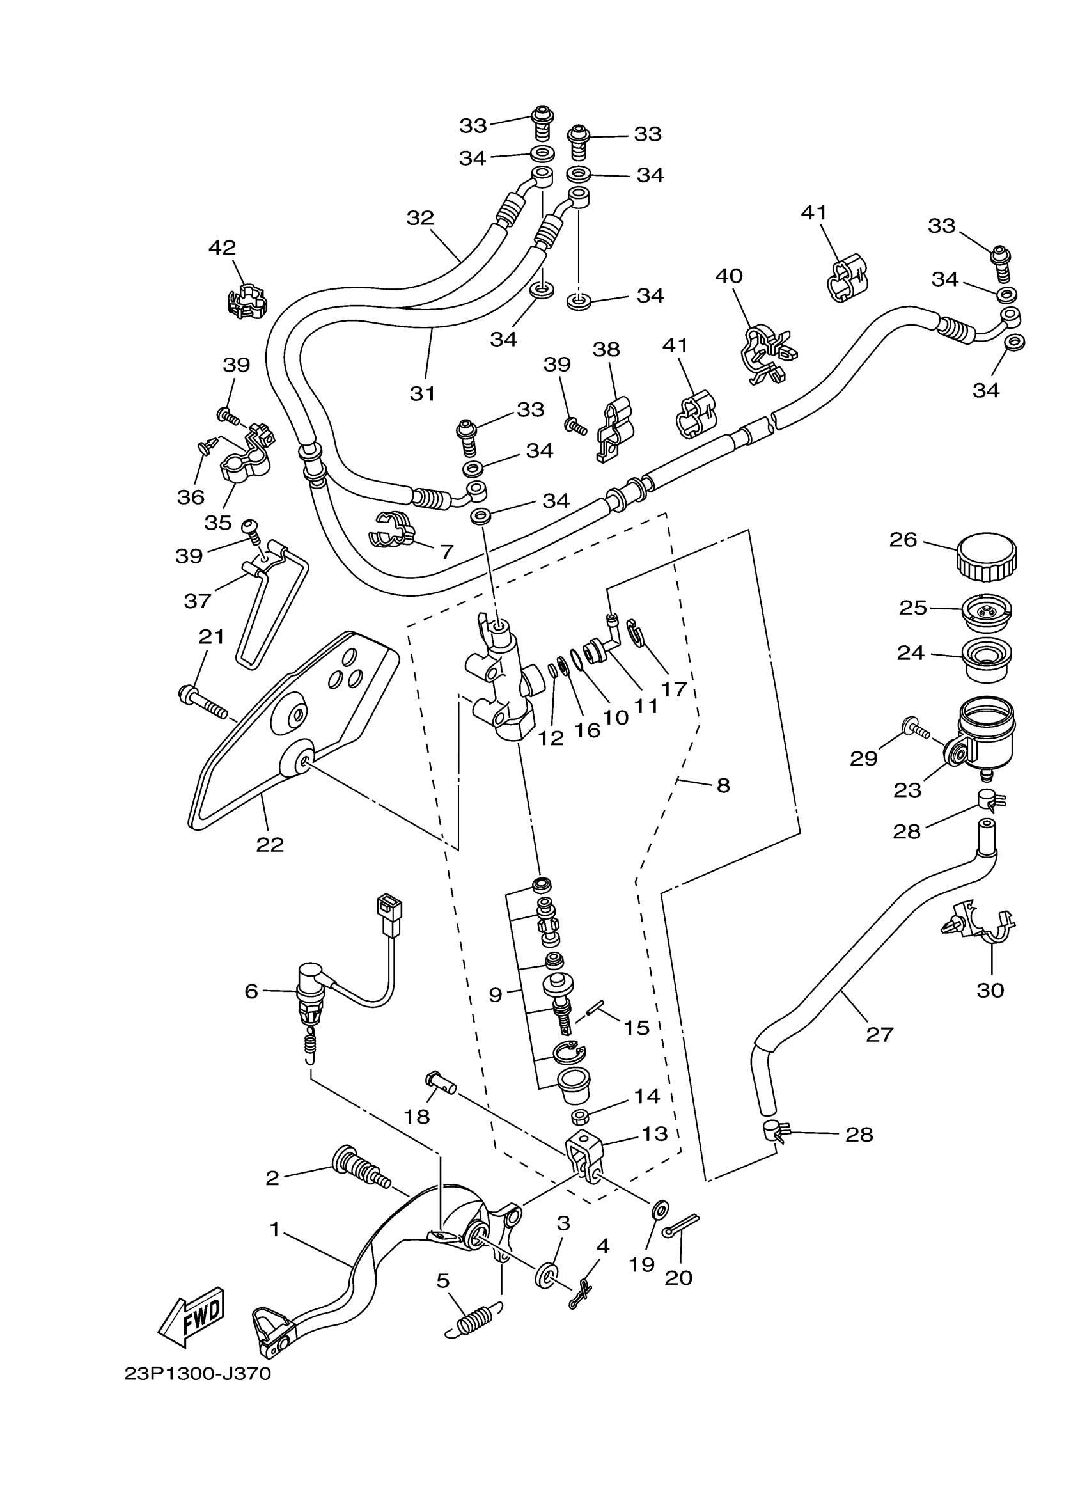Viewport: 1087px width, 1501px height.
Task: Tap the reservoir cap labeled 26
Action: coord(986,558)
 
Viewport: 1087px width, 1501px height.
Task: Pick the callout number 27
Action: coord(880,1033)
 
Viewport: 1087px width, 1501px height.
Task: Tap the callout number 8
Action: coord(723,785)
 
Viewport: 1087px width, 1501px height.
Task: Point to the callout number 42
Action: coord(223,248)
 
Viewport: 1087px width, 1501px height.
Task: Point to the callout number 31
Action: coord(423,393)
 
